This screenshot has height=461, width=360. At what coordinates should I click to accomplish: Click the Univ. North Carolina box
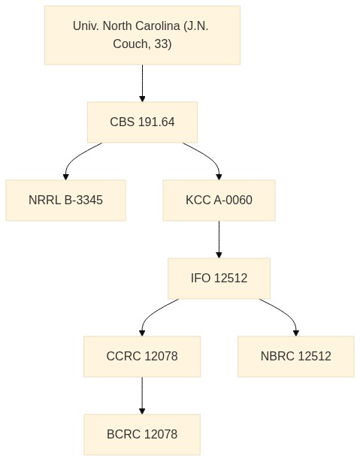pos(142,35)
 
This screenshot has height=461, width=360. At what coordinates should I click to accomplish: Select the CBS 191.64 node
pos(142,122)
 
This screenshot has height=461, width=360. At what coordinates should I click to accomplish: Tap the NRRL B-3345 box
pos(65,200)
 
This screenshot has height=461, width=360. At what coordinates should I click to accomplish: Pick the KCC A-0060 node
pos(219,200)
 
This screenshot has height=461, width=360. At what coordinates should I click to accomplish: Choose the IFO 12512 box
pos(219,278)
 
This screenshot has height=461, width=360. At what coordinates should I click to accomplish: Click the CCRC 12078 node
pos(142,357)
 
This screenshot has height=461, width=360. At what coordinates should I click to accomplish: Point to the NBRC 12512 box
pos(296,357)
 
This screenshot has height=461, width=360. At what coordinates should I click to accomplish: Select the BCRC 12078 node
pos(142,434)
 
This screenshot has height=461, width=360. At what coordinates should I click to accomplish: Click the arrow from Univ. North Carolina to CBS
pos(142,83)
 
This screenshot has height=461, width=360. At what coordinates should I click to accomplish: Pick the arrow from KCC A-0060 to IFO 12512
pos(219,240)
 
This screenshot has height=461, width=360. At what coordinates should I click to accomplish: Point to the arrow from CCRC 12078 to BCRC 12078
pos(142,396)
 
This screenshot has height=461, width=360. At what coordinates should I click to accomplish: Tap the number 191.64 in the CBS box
pos(156,122)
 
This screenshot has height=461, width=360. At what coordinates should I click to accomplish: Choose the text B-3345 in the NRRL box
pos(83,200)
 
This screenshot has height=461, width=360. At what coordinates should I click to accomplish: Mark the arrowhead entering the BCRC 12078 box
pos(142,411)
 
